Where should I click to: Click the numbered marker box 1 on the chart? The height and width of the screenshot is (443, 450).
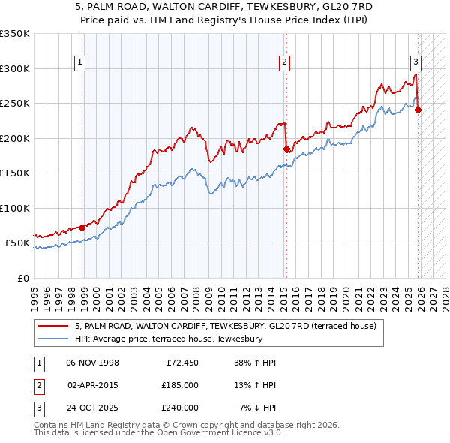click(x=79, y=63)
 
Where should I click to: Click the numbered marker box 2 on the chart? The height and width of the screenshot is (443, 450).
click(x=285, y=63)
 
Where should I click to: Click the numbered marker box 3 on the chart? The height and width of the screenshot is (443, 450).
click(x=415, y=63)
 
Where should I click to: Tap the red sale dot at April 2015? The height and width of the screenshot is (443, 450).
click(x=286, y=149)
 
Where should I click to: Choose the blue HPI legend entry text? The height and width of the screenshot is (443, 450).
click(x=169, y=339)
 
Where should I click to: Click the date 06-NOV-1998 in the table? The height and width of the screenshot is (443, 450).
click(x=92, y=363)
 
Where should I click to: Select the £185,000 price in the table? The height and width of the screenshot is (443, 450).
click(x=180, y=385)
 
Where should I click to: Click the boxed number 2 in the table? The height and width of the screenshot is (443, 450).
click(x=37, y=385)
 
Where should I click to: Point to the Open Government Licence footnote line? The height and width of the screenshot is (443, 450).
click(x=159, y=434)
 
